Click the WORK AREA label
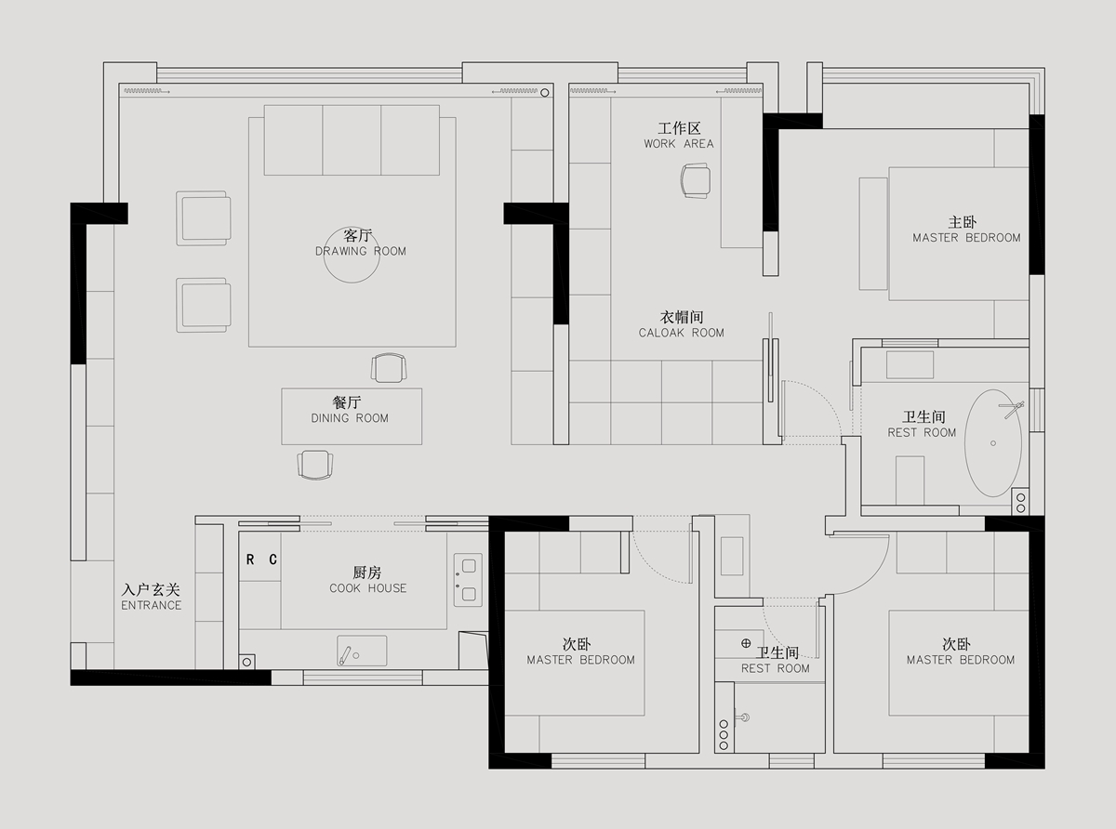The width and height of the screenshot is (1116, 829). (x=679, y=144)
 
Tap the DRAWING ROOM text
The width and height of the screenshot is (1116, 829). (x=360, y=251)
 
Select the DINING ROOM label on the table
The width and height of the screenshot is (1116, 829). (x=350, y=418)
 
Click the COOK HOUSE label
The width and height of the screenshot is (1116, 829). (x=367, y=588)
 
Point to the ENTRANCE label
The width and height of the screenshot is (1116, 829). (x=151, y=605)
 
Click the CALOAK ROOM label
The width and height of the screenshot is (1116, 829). (x=682, y=333)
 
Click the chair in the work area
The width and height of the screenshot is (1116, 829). (x=696, y=180)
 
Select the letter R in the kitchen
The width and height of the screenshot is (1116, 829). (x=250, y=559)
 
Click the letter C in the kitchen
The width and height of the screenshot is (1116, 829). (x=272, y=559)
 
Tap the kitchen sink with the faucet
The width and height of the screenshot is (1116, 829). (x=362, y=651)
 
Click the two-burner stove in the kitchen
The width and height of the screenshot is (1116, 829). (x=468, y=580)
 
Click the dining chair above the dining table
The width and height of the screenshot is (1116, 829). (x=389, y=368)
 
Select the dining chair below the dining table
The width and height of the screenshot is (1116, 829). (x=315, y=465)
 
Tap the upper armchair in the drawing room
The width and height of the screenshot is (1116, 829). (x=204, y=218)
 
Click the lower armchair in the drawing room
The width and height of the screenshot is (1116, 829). (x=204, y=306)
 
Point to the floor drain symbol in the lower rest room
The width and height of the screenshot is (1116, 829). (x=746, y=643)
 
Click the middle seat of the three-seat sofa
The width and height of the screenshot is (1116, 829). (x=352, y=139)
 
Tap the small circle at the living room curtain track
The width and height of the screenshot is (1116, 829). (x=544, y=93)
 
